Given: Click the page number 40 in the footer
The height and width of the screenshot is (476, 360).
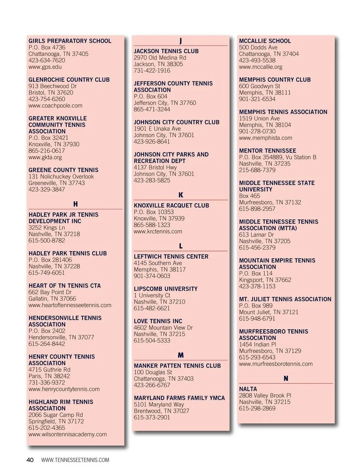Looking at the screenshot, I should pyautogui.click(x=30, y=460).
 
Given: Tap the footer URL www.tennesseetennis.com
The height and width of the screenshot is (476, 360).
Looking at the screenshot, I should pyautogui.click(x=75, y=460).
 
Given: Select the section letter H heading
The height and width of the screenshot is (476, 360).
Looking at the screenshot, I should pyautogui.click(x=75, y=204).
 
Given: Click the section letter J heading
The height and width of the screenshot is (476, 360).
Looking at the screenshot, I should pyautogui.click(x=180, y=41).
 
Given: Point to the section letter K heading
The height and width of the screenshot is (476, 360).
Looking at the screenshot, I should pyautogui.click(x=181, y=195).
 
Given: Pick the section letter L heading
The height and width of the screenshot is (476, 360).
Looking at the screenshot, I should pyautogui.click(x=181, y=246).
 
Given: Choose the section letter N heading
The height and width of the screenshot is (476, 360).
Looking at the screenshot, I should pyautogui.click(x=286, y=379).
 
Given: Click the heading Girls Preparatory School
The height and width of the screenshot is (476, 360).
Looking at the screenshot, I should pyautogui.click(x=70, y=41).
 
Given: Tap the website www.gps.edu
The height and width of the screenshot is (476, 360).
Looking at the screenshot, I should pyautogui.click(x=45, y=67).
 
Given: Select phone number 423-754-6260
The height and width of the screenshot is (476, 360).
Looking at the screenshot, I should pyautogui.click(x=46, y=99).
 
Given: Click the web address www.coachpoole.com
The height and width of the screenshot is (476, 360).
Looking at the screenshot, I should pyautogui.click(x=55, y=105).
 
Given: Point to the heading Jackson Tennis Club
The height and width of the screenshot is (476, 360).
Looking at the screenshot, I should pyautogui.click(x=166, y=51).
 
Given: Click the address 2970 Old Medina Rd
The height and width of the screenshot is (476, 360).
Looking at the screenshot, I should pyautogui.click(x=160, y=58).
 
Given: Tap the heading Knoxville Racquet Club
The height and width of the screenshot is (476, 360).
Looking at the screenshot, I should pyautogui.click(x=171, y=205).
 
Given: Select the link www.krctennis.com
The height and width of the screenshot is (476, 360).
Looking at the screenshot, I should pyautogui.click(x=158, y=231).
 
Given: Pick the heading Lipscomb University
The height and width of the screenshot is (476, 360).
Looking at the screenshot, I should pyautogui.click(x=165, y=289).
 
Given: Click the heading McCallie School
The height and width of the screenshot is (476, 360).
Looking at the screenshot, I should pyautogui.click(x=265, y=41).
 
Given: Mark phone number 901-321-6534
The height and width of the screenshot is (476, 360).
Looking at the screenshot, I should pyautogui.click(x=257, y=99).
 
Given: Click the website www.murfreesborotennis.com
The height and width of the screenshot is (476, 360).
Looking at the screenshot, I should pyautogui.click(x=276, y=364).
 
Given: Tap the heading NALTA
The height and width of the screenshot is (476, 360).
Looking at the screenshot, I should pyautogui.click(x=248, y=389).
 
